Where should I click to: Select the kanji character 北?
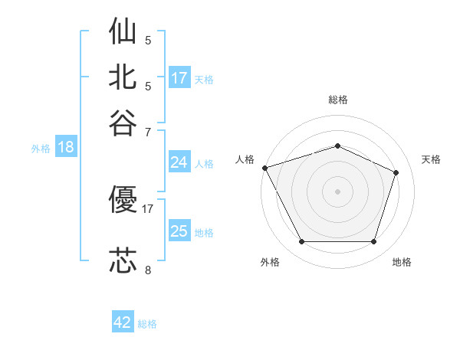123,77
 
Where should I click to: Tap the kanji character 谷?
123,123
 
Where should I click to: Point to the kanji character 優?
123,201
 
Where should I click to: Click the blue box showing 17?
179,77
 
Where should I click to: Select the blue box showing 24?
179,162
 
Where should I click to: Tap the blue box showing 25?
179,231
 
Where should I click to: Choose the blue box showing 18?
66,147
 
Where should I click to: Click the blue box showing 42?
123,322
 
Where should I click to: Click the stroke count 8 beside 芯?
148,270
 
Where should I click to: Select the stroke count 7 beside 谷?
148,132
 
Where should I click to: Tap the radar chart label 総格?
338,100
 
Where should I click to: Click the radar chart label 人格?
245,159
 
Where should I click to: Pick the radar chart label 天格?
431,159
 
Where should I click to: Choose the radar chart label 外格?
270,262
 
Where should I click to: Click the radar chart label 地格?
402,262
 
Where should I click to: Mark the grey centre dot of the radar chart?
338,191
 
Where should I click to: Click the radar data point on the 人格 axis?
265,168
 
